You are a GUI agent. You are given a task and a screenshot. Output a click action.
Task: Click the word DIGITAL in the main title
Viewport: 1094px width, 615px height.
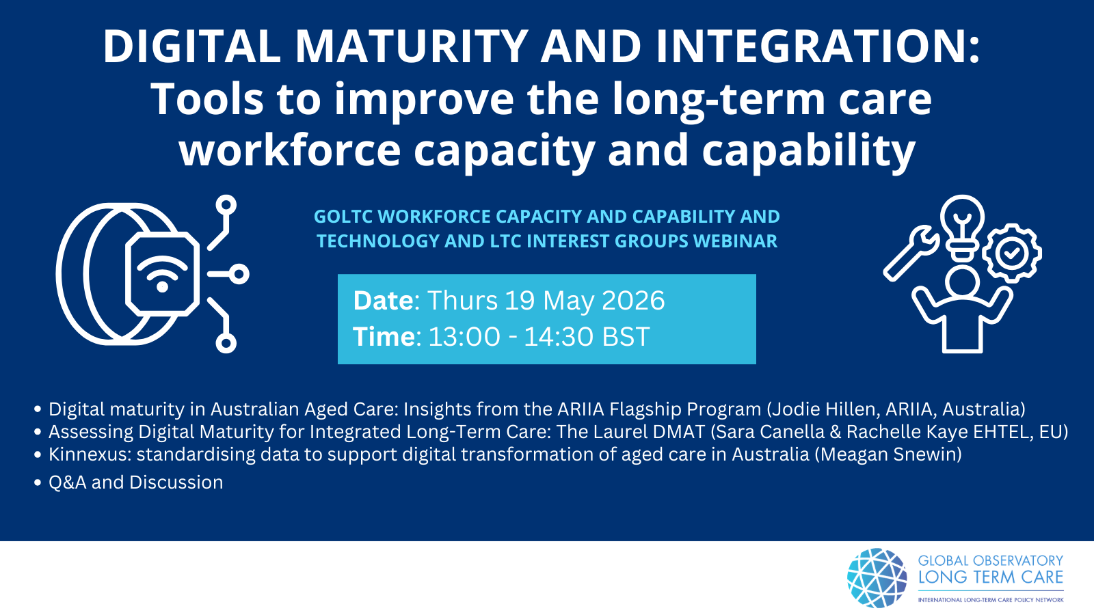tap(192, 46)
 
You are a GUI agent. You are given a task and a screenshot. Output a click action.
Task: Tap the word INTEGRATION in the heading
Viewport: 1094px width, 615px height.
tap(811, 46)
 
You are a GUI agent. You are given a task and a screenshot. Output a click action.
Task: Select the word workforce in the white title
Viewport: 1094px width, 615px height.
tap(290, 150)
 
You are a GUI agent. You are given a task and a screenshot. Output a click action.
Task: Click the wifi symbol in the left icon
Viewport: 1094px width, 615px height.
tap(162, 273)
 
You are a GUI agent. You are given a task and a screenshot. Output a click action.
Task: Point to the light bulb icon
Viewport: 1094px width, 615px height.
tap(962, 227)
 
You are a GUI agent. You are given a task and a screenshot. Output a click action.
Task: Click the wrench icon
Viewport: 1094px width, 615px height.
tap(911, 253)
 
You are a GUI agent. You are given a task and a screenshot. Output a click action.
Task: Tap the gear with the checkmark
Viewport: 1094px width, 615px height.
tap(1011, 254)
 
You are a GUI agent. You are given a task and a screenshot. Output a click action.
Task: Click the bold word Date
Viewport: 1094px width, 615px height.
tap(384, 300)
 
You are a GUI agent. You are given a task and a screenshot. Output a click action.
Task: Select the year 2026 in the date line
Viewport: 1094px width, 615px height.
tap(633, 300)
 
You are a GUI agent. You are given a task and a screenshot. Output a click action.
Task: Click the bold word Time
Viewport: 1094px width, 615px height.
tap(384, 336)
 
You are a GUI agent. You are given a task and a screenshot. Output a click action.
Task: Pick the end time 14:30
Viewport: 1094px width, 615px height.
tap(559, 336)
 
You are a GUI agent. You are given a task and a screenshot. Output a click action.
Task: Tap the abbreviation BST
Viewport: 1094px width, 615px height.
tap(626, 336)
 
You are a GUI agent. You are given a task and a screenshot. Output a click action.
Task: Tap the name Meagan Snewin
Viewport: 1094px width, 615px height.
tap(888, 454)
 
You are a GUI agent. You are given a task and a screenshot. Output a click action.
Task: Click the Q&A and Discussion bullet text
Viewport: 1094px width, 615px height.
tap(136, 482)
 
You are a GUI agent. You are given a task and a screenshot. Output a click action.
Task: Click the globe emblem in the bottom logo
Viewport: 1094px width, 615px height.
tap(877, 578)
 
